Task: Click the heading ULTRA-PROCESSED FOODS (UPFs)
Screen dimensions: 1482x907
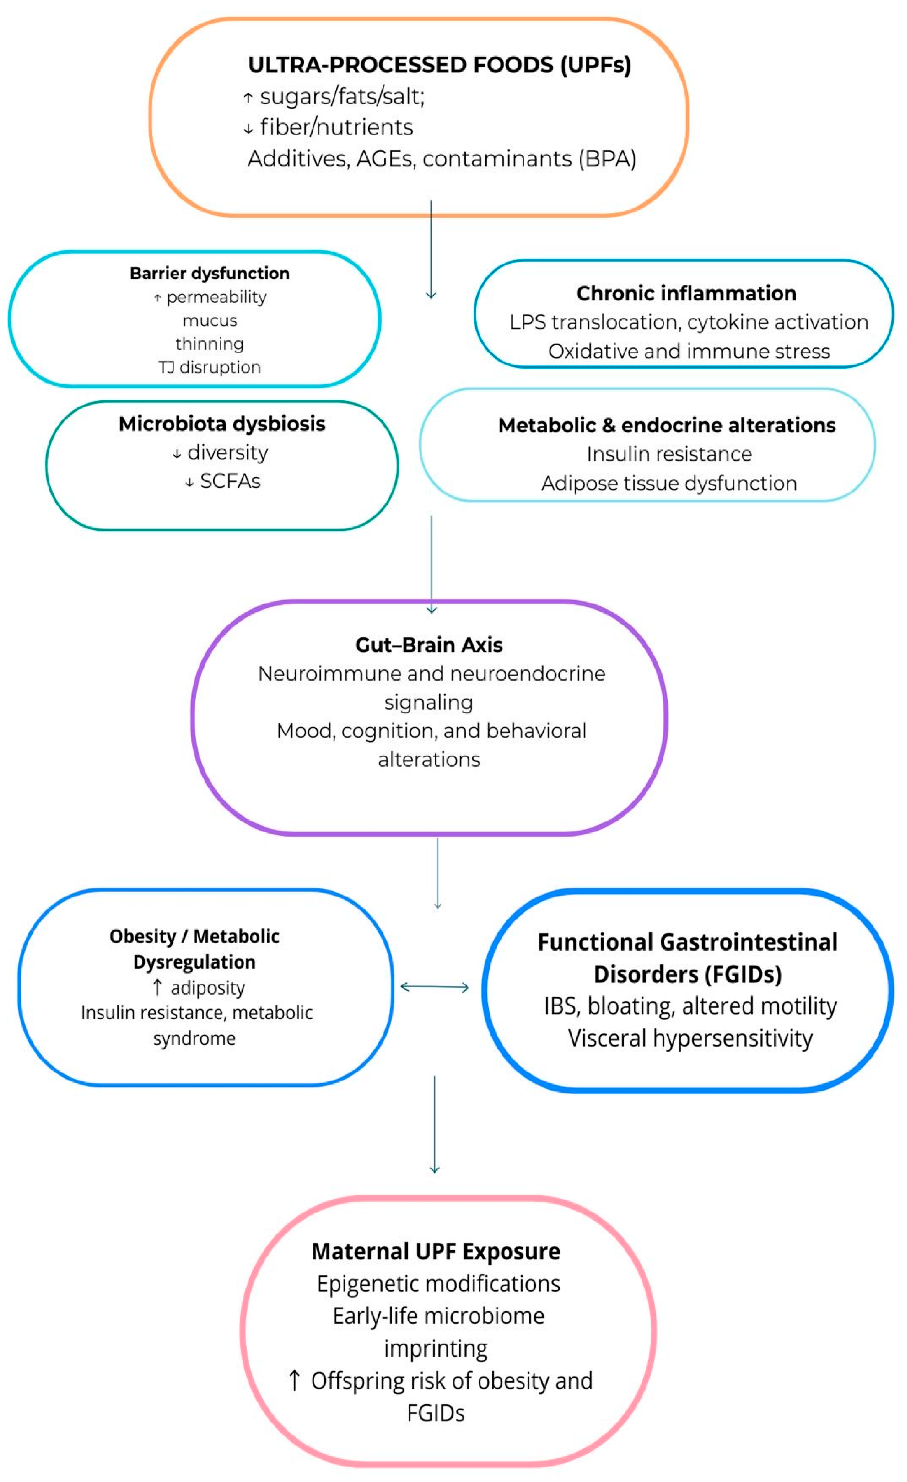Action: click(x=440, y=65)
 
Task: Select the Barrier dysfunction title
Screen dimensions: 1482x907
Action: click(x=209, y=274)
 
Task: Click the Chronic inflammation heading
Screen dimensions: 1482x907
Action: click(x=686, y=293)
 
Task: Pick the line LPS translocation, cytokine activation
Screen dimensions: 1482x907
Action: click(x=689, y=322)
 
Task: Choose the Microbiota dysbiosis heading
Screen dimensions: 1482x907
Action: click(x=222, y=424)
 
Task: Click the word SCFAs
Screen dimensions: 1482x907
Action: click(x=230, y=481)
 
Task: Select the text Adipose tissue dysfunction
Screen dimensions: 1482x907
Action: click(x=669, y=484)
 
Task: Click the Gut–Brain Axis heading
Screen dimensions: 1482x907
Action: click(x=429, y=645)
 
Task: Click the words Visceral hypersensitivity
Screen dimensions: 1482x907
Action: click(x=690, y=1038)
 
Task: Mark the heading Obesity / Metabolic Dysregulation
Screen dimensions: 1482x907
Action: click(x=194, y=949)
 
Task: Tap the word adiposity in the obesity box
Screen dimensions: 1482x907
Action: click(x=207, y=988)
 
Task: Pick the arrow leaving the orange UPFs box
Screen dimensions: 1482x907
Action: click(x=431, y=249)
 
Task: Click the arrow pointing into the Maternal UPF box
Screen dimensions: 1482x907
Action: click(x=434, y=1125)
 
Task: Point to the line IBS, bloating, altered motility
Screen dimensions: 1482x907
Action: click(x=690, y=1006)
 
